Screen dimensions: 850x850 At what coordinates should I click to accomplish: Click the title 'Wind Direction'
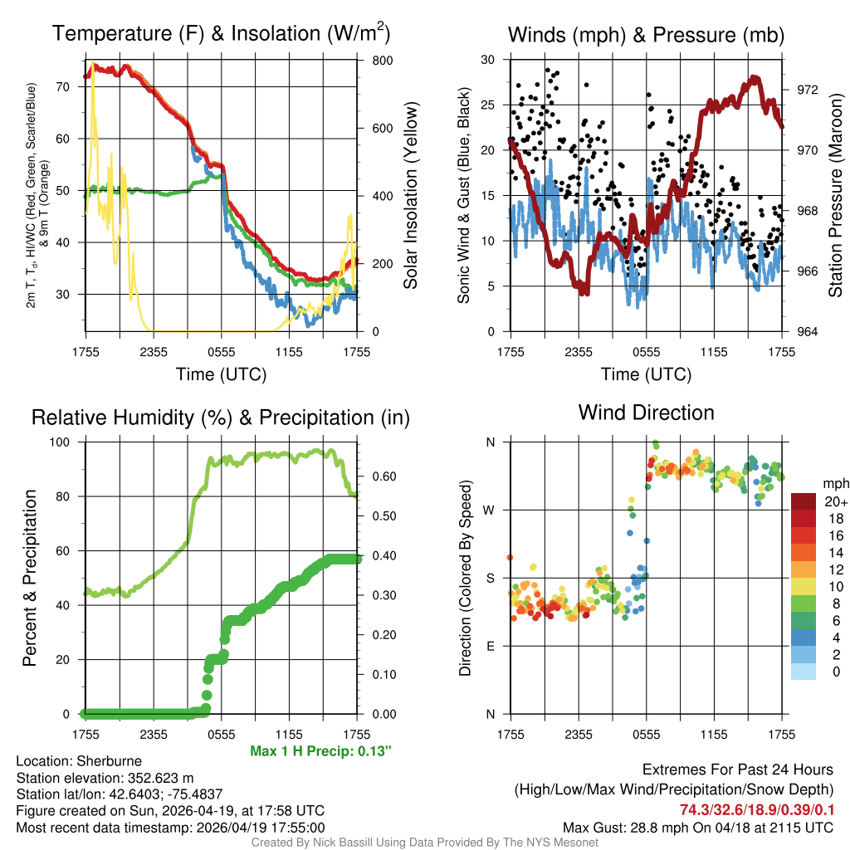pyautogui.click(x=646, y=413)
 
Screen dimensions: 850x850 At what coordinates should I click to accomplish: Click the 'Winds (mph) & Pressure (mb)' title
pyautogui.click(x=646, y=35)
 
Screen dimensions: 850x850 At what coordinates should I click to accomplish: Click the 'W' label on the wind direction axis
pyautogui.click(x=489, y=510)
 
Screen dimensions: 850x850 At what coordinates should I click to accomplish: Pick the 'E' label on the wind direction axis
pyautogui.click(x=489, y=646)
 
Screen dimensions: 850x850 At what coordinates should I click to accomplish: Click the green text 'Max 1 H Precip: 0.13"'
pyautogui.click(x=320, y=751)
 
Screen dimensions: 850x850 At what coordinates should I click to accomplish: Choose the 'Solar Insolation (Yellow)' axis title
pyautogui.click(x=411, y=196)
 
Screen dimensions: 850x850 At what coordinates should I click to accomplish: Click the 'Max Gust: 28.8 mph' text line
pyautogui.click(x=698, y=827)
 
